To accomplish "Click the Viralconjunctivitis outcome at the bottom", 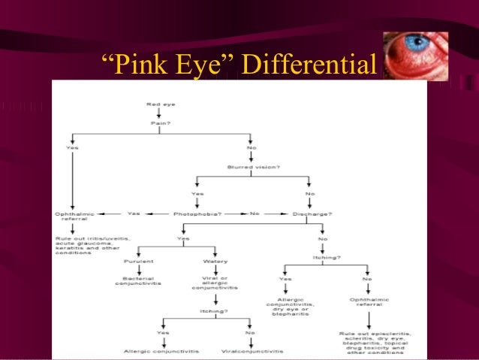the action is [252, 351].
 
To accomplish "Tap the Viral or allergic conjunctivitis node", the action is [215, 283].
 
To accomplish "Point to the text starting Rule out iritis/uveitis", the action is [92, 245].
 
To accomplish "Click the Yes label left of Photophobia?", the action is [134, 213].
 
